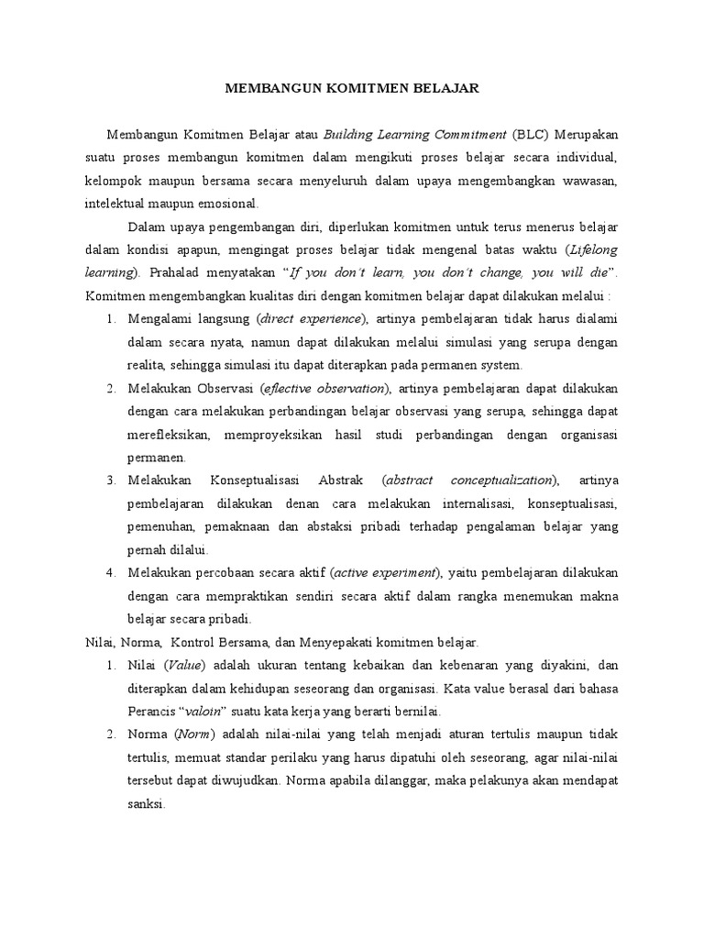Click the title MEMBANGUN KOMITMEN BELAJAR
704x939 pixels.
tap(352, 89)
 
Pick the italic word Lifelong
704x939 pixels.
tap(592, 249)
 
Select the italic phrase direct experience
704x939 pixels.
tap(313, 318)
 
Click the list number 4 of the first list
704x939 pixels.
tap(109, 572)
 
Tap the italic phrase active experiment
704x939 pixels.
tap(385, 572)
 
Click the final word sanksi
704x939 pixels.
tap(144, 803)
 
